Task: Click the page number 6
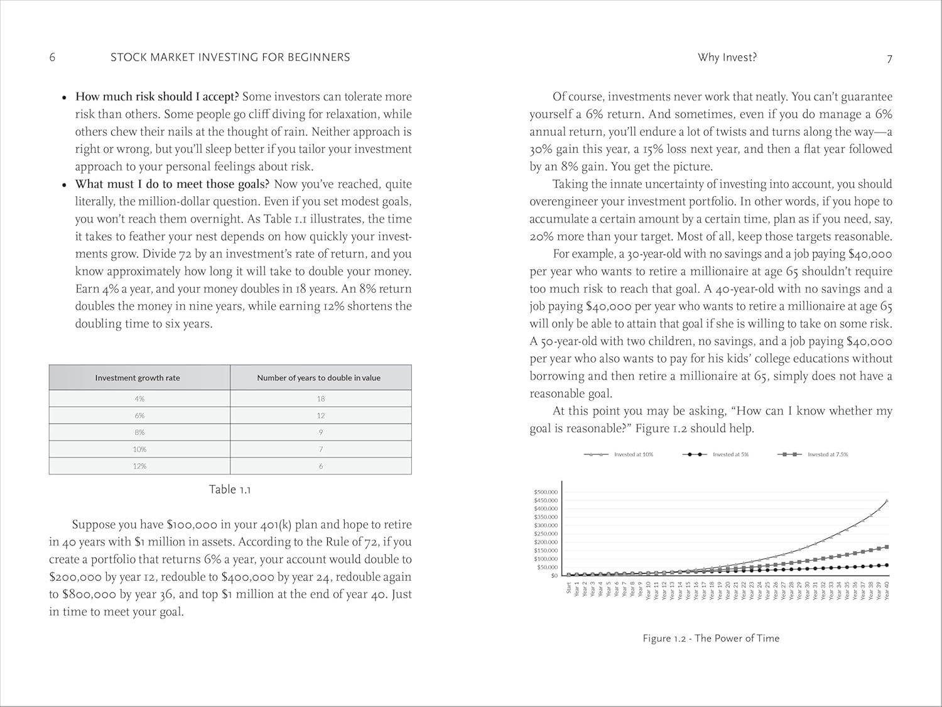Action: (x=52, y=57)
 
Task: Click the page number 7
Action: (x=889, y=58)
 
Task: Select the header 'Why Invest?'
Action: (x=727, y=57)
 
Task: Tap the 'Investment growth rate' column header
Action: (x=138, y=378)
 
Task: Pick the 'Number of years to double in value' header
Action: (x=318, y=378)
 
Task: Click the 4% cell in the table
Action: (x=139, y=398)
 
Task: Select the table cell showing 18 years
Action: (x=321, y=398)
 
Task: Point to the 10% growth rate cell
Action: (x=139, y=449)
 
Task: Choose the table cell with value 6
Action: (x=321, y=466)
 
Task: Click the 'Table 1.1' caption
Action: (x=230, y=490)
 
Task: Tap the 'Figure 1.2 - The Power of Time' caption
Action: (x=711, y=638)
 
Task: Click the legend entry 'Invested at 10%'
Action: (x=633, y=454)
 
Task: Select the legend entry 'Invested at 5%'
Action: (x=730, y=454)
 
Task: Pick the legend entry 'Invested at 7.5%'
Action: (x=827, y=454)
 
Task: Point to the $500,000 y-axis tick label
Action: (x=545, y=492)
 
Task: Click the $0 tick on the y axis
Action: (x=554, y=576)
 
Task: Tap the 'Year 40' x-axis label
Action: (x=887, y=591)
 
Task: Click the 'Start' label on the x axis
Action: (x=569, y=588)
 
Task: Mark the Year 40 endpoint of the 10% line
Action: (x=887, y=501)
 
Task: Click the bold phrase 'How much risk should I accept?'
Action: (x=157, y=97)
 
